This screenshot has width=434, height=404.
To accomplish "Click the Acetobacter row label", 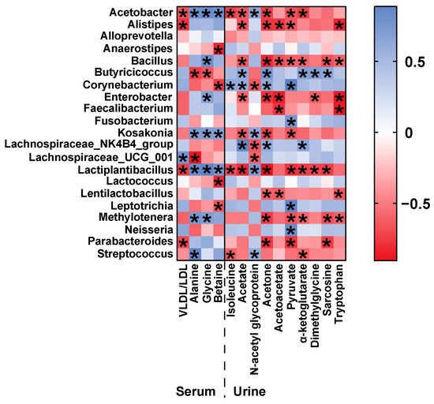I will [x=142, y=13].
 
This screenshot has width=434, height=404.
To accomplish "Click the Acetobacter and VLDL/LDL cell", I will [x=182, y=14].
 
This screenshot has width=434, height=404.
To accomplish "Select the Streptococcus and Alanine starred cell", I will [x=194, y=254].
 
